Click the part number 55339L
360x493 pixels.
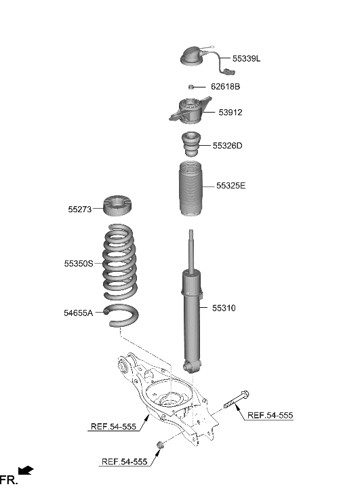pyautogui.click(x=246, y=59)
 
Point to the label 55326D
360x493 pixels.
pyautogui.click(x=227, y=146)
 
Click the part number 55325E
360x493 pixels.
pyautogui.click(x=231, y=185)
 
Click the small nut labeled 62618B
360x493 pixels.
pyautogui.click(x=192, y=87)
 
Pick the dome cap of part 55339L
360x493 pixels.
pyautogui.click(x=193, y=57)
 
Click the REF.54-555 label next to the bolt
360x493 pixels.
pyautogui.click(x=269, y=415)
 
